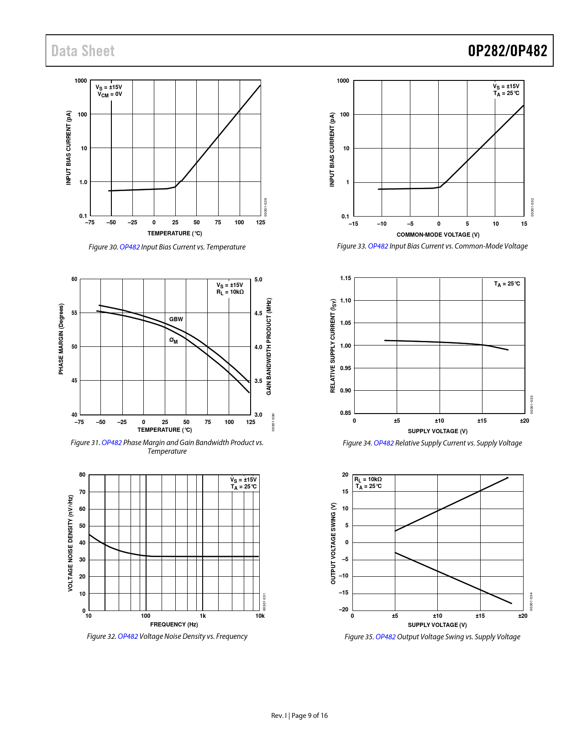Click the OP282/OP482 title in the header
click(x=507, y=51)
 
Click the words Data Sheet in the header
click(x=83, y=51)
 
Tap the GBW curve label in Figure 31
click(x=176, y=319)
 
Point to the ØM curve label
click(x=173, y=340)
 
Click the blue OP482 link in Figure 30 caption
click(x=130, y=247)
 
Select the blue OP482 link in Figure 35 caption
click(x=385, y=637)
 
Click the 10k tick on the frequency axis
click(x=260, y=616)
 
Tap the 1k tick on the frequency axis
click(x=203, y=616)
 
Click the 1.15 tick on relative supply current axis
click(x=346, y=278)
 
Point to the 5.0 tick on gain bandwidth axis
click(x=258, y=279)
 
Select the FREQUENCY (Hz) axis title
click(x=174, y=624)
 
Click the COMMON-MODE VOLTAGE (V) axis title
click(x=438, y=234)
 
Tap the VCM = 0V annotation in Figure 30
click(x=110, y=94)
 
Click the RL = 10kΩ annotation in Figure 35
click(x=368, y=479)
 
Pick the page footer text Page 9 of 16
click(x=309, y=715)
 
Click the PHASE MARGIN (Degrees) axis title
click(x=61, y=339)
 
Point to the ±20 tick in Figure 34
click(x=524, y=420)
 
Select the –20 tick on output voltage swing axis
click(x=343, y=609)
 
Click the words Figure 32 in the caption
click(x=101, y=636)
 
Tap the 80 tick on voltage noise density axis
click(x=82, y=474)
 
